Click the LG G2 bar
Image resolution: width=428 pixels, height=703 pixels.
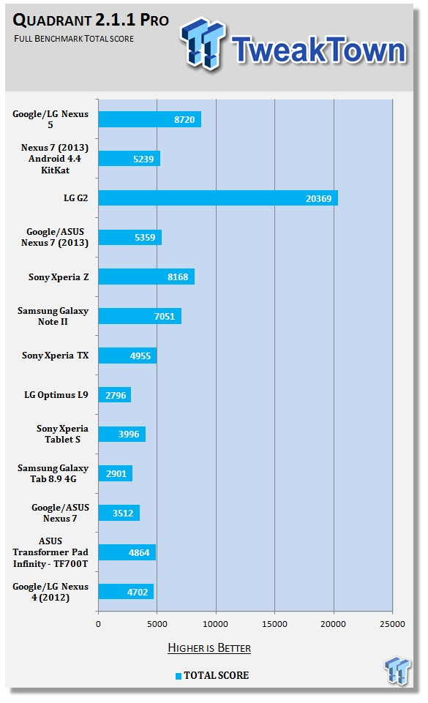point(218,198)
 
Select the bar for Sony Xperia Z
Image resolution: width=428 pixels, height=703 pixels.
point(146,277)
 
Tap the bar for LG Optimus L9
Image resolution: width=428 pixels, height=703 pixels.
point(114,395)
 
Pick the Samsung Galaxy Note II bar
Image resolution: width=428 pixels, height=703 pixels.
point(140,316)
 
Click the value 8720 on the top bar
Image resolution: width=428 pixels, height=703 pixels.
point(184,120)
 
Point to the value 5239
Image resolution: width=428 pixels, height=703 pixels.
point(143,159)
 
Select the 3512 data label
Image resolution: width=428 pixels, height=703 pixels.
point(123,513)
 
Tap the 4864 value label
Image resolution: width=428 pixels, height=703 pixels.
point(139,552)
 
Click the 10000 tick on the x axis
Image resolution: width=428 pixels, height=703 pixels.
point(216,624)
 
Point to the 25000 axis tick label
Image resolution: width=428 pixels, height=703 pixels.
point(392,624)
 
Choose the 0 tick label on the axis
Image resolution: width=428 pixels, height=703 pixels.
point(98,624)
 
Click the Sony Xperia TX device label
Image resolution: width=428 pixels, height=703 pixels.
point(55,356)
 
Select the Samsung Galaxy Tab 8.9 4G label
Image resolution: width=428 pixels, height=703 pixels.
point(53,473)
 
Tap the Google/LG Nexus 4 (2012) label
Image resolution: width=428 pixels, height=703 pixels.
point(50,592)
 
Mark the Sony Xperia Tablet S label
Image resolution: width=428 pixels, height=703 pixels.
point(62,434)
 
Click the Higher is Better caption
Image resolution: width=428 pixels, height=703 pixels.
point(209,648)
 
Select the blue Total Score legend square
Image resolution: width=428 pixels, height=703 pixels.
point(179,676)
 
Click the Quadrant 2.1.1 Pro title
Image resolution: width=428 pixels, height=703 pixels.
point(91,20)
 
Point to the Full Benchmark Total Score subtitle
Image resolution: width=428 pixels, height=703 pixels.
point(74,39)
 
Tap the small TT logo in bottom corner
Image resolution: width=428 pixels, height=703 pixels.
point(397,670)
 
